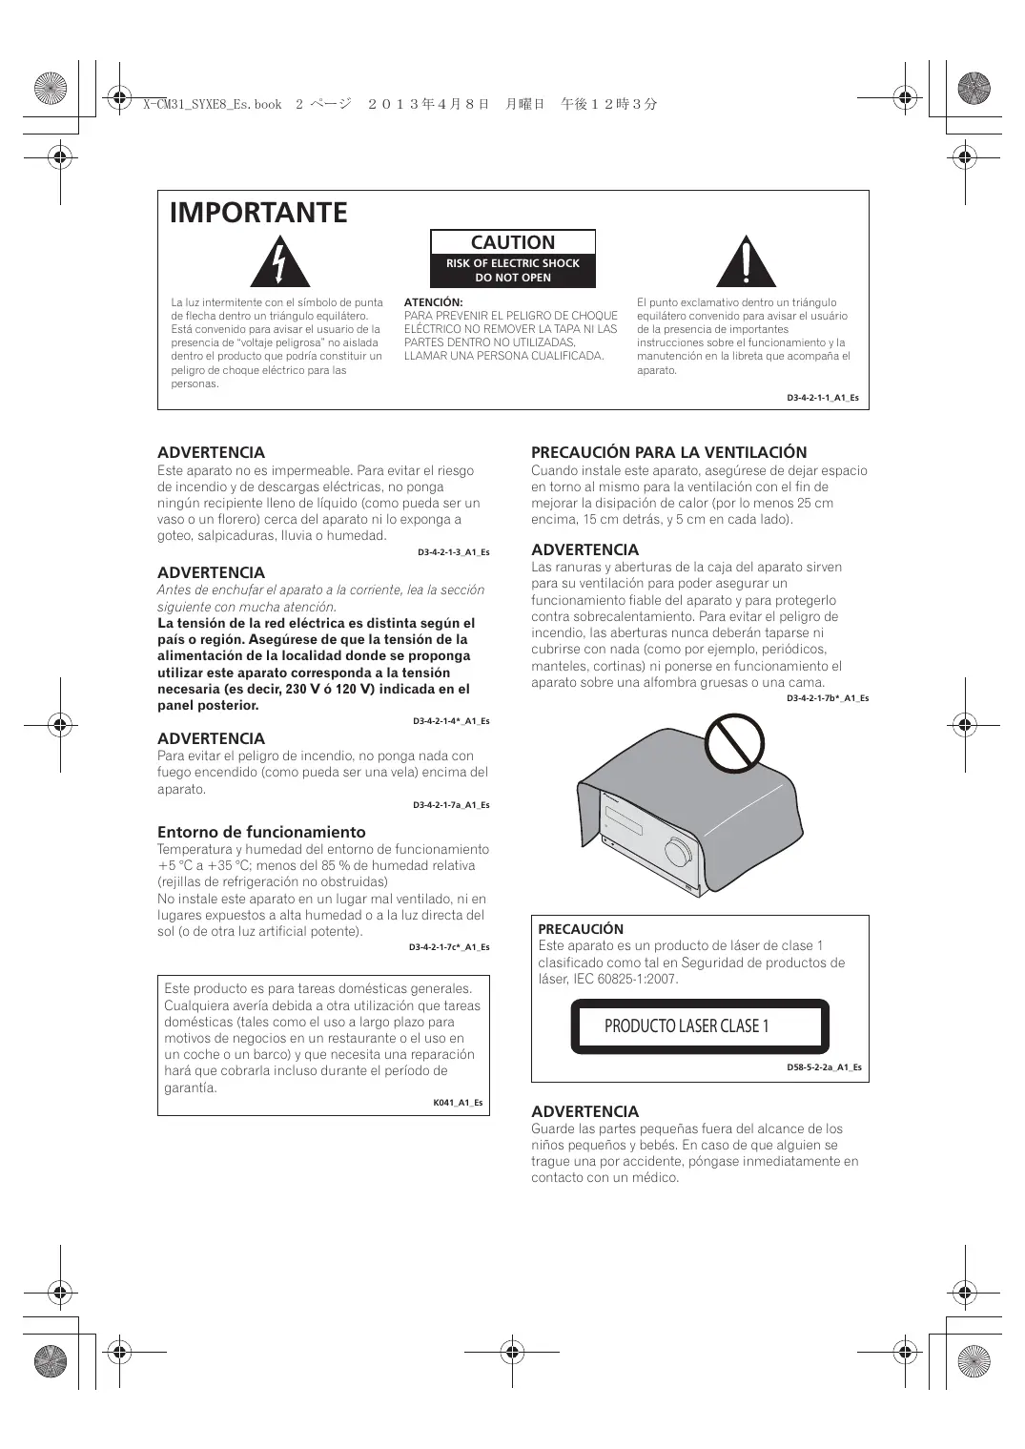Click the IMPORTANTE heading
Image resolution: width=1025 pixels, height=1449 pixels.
point(258,213)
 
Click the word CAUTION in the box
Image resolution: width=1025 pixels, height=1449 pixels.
point(513,243)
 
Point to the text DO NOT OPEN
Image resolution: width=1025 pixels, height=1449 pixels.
point(513,278)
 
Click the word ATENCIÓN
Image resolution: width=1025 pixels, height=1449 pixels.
point(433,302)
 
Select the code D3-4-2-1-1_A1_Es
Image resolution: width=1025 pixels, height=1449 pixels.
point(821,398)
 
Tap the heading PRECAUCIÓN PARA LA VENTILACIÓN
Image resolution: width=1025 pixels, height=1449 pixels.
point(668,452)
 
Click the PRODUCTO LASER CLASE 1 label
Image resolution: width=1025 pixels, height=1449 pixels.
point(687,1026)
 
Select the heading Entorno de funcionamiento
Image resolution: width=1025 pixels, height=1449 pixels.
point(261,832)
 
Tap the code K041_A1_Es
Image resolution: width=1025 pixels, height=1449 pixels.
point(458,1103)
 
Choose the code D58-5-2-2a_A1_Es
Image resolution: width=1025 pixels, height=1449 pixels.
point(824,1067)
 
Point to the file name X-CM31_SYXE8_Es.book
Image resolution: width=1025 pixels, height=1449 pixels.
point(212,104)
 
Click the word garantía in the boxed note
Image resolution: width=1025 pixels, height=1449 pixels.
point(191,1087)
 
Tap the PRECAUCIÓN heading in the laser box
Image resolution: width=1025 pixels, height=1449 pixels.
point(581,929)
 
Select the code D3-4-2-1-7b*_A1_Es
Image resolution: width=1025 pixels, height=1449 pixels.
point(827,698)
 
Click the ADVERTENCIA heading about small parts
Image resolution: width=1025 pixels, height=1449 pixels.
point(584,1111)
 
